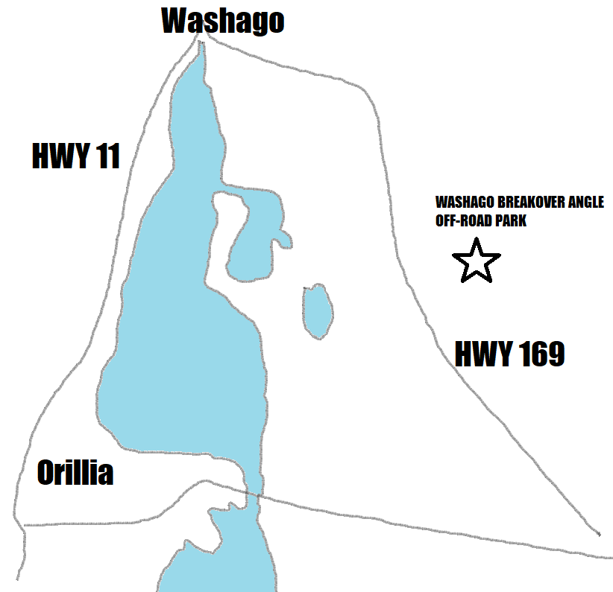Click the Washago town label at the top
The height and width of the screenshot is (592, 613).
(x=223, y=21)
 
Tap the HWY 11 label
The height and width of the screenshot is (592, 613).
(x=76, y=156)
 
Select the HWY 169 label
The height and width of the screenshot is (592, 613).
(x=509, y=354)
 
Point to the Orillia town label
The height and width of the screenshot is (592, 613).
(x=75, y=472)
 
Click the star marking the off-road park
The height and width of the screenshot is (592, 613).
(x=476, y=261)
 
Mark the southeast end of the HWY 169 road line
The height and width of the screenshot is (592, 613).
(x=599, y=534)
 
